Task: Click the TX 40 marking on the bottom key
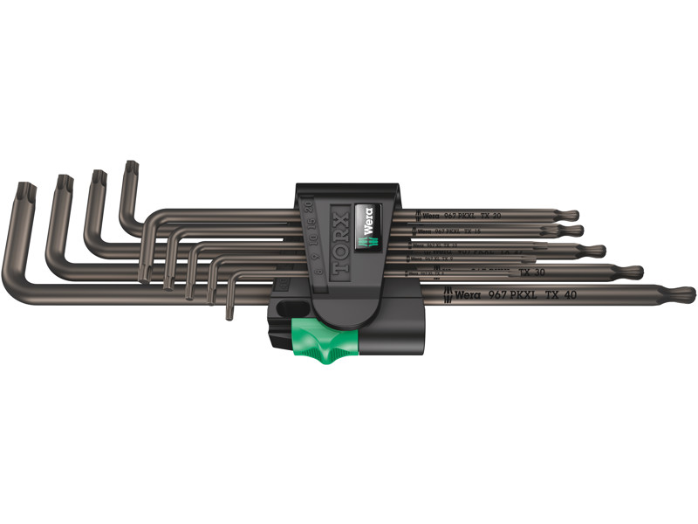pyautogui.click(x=559, y=294)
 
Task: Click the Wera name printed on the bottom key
pyautogui.click(x=462, y=294)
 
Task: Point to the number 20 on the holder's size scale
pyautogui.click(x=308, y=206)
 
